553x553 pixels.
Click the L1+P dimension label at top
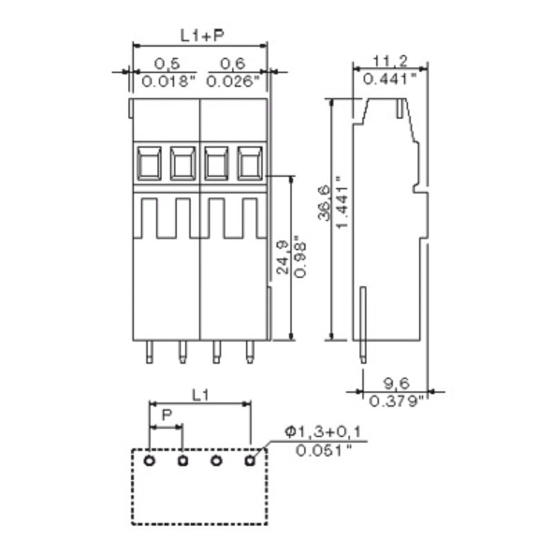tap(200, 34)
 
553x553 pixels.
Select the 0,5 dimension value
tap(167, 64)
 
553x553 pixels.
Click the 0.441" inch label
tap(389, 78)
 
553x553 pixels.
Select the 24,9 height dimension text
tap(282, 257)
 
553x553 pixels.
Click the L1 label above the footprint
tap(200, 395)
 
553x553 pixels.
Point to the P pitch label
tap(166, 415)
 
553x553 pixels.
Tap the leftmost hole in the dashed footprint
tap(149, 460)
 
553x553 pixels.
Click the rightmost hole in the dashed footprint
tap(250, 460)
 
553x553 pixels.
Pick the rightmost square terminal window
tap(250, 164)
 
